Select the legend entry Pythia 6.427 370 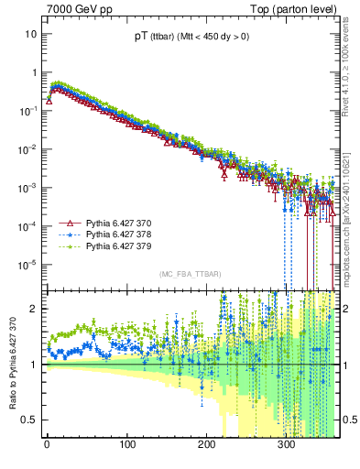[118, 224]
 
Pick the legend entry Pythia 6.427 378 [118, 235]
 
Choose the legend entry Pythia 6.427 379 [118, 247]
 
